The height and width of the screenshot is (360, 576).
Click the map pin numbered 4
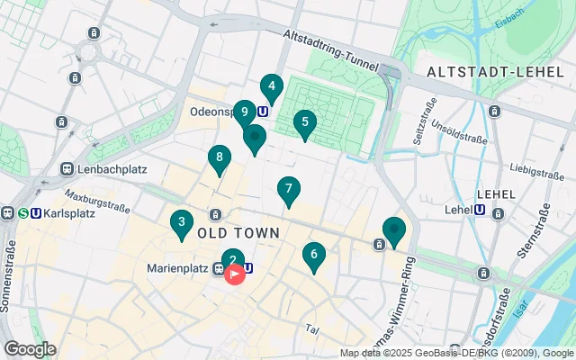click(x=271, y=88)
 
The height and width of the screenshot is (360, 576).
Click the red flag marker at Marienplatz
click(x=235, y=273)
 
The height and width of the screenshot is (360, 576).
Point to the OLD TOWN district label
click(x=238, y=233)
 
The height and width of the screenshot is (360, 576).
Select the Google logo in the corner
click(x=29, y=348)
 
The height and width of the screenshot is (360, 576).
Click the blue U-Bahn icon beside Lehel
click(x=480, y=211)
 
